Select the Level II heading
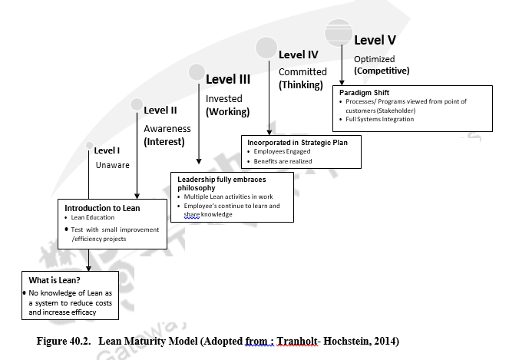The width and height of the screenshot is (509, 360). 160,111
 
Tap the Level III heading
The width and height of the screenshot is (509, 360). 228,78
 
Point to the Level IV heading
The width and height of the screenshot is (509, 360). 298,55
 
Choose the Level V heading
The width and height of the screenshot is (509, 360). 375,39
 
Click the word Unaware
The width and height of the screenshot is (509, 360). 113,165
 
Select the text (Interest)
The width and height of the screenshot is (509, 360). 164,142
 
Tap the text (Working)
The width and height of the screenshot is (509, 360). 227,112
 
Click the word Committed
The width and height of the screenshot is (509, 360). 302,71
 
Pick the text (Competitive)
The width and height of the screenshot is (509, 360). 382,71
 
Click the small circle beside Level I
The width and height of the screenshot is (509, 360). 90,146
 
